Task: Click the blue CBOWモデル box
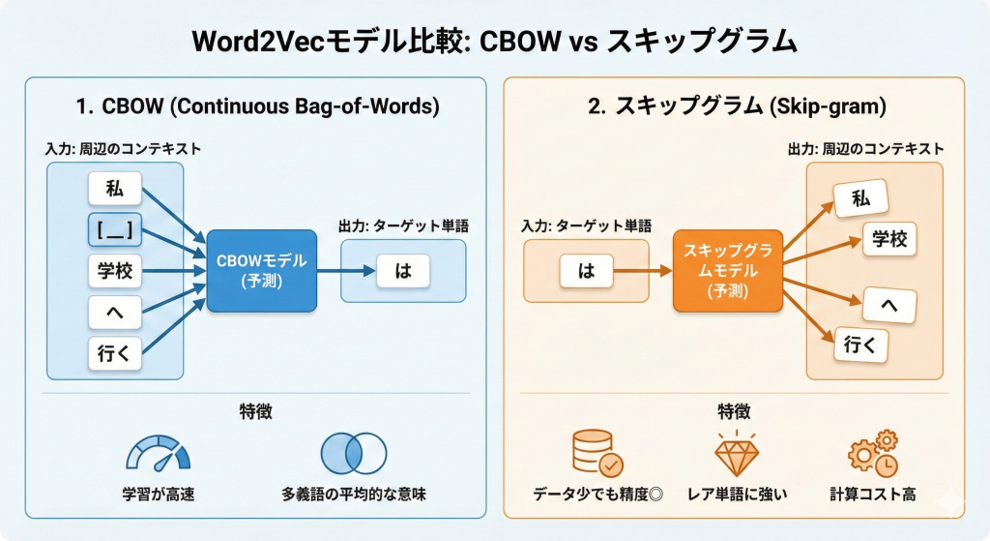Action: (261, 270)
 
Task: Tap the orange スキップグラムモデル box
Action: (727, 270)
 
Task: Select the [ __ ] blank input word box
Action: (115, 229)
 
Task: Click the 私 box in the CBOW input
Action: (115, 188)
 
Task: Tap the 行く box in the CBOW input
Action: (115, 354)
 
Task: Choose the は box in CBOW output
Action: (403, 271)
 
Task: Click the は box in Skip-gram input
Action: (586, 271)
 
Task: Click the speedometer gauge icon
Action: (159, 454)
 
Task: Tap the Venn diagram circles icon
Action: (354, 453)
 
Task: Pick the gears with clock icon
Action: (872, 454)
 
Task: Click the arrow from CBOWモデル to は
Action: (345, 271)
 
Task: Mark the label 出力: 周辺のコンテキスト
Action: (863, 149)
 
